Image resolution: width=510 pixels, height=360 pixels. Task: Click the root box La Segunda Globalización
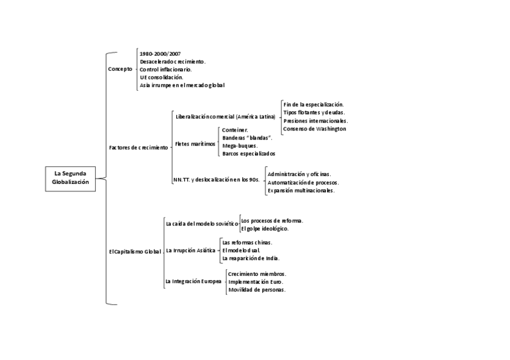[70, 178]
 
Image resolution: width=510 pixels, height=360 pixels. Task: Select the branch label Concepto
[120, 69]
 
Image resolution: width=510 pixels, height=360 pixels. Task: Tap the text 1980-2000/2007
[160, 53]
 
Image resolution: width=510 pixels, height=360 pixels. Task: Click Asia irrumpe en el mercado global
[182, 85]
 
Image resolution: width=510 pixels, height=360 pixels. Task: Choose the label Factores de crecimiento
[138, 147]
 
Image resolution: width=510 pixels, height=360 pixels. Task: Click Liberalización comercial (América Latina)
[225, 117]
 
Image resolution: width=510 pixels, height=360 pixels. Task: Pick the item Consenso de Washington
[315, 129]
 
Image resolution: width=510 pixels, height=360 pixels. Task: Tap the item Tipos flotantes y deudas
[314, 112]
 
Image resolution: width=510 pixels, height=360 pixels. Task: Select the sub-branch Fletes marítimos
[195, 144]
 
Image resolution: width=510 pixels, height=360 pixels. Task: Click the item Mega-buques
[240, 145]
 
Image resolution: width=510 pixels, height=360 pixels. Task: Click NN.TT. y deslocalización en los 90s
[216, 179]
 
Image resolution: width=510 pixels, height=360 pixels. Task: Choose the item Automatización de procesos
[303, 182]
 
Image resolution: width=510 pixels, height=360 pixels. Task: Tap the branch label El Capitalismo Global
[135, 251]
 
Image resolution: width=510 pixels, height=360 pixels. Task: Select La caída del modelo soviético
[201, 224]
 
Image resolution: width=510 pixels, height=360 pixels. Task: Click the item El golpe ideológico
[265, 228]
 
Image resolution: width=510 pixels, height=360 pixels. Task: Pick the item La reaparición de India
[251, 258]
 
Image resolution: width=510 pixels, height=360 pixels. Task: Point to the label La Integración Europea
[193, 281]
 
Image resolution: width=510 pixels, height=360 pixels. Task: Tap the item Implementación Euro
[256, 281]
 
